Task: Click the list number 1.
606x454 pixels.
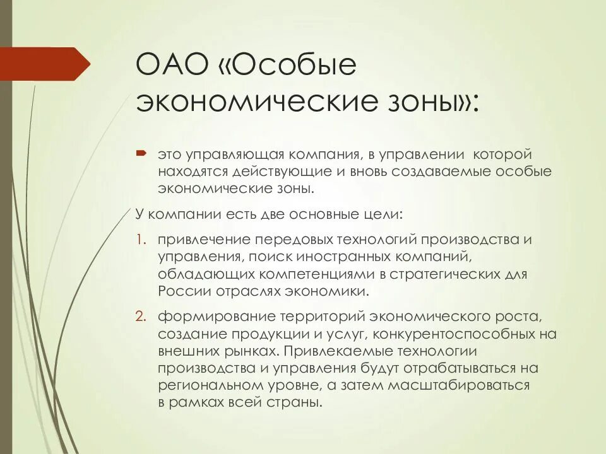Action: click(141, 240)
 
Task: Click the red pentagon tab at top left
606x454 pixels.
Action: click(44, 64)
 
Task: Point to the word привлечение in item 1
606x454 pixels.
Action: click(204, 240)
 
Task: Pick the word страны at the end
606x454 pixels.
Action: click(297, 402)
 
